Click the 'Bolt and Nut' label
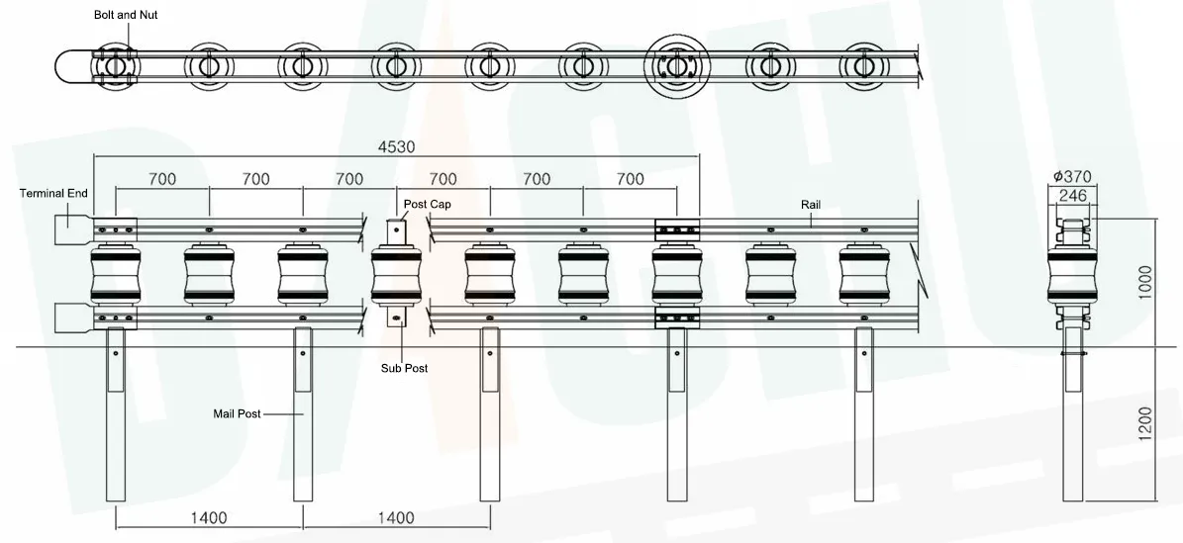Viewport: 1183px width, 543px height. tap(126, 16)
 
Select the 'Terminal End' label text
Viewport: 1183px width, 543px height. tap(54, 194)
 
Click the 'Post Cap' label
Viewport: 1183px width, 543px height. tap(427, 203)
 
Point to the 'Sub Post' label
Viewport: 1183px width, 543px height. tap(405, 368)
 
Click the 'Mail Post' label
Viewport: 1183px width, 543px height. tap(238, 413)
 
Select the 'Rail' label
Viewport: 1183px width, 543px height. tap(812, 204)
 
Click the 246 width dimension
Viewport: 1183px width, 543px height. tap(1073, 196)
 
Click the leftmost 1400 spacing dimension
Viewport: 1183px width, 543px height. tap(209, 517)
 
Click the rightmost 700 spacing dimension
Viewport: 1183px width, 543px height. tap(630, 179)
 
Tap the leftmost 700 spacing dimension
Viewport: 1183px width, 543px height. tap(162, 179)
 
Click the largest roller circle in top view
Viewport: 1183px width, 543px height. tap(676, 66)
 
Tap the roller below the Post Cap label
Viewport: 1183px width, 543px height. tap(395, 275)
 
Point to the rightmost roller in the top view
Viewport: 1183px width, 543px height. tap(864, 66)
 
